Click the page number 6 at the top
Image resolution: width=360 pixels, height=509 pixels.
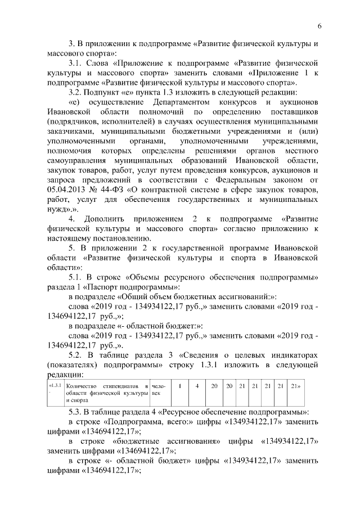(319, 26)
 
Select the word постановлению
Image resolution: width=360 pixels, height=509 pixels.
(107, 237)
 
